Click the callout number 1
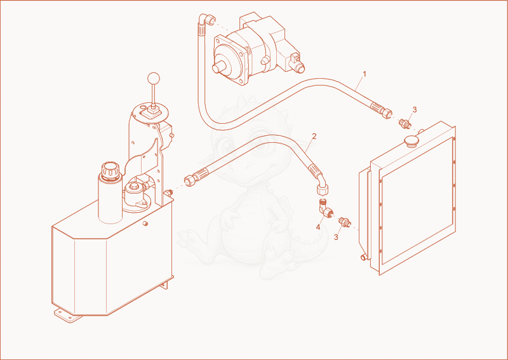(x=364, y=74)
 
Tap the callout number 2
(x=314, y=136)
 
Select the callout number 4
(x=318, y=227)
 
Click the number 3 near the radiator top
(x=415, y=110)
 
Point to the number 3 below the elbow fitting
(x=336, y=237)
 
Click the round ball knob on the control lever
(x=154, y=79)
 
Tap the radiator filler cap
(x=411, y=141)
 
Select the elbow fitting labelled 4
(x=326, y=208)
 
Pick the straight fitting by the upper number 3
(x=405, y=123)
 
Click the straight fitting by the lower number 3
(x=344, y=223)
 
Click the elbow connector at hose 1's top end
(x=206, y=20)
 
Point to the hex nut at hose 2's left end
(x=189, y=180)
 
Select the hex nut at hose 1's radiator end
(x=387, y=113)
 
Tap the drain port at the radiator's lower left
(x=364, y=258)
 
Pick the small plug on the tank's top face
(x=146, y=223)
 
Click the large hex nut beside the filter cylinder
(x=133, y=187)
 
